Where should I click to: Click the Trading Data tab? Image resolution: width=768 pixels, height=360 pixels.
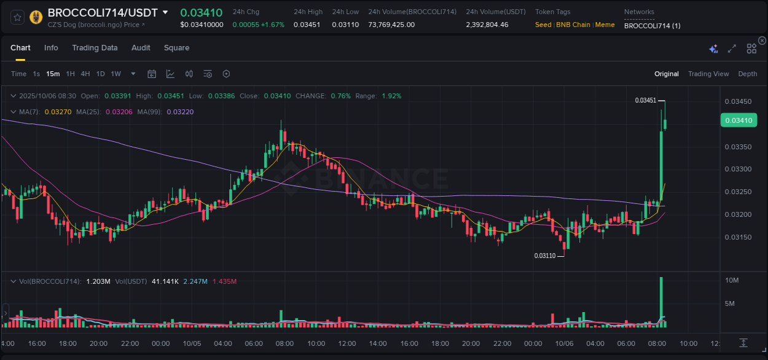click(95, 48)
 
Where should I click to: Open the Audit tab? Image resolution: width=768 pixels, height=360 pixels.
click(141, 48)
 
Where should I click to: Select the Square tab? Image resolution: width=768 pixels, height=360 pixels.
click(176, 48)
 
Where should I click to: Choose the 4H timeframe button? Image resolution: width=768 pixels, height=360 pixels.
click(85, 74)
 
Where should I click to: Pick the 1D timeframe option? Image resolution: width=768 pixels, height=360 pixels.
click(100, 74)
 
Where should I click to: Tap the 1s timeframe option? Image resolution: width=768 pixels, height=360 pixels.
click(36, 74)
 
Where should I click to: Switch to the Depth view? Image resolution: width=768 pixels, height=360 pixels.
click(747, 74)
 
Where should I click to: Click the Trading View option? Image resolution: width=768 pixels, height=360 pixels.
click(708, 74)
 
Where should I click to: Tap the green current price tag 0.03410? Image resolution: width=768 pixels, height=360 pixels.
click(737, 120)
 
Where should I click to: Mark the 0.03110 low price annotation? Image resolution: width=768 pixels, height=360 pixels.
click(544, 256)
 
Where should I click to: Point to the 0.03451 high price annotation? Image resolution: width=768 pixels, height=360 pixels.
click(645, 100)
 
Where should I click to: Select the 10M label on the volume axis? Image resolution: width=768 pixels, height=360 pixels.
click(731, 281)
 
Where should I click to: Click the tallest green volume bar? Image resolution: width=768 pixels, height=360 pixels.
click(661, 301)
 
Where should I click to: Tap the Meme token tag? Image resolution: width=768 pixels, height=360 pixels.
click(605, 25)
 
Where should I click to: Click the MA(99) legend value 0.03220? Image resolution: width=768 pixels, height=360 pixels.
click(184, 112)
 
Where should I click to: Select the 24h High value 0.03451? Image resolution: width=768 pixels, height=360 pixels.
click(308, 25)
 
